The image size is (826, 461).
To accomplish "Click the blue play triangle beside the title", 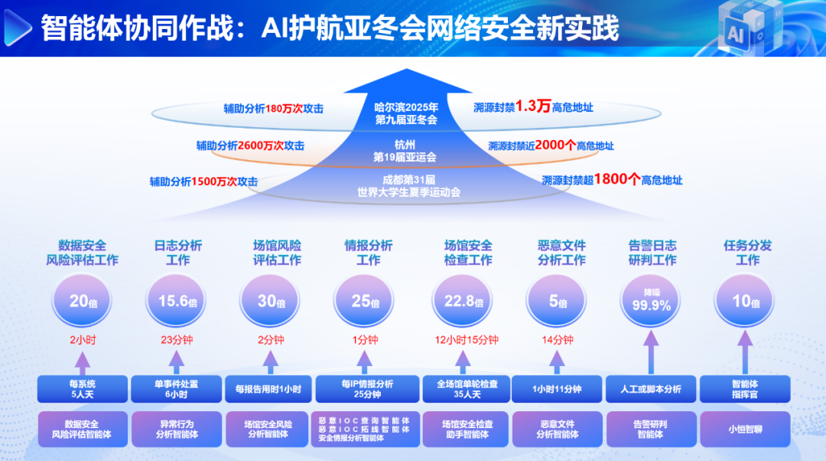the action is (16, 28).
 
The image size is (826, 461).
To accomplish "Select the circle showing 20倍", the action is (82, 301).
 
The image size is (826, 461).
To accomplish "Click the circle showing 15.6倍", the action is (176, 301).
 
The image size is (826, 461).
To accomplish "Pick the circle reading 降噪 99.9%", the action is (651, 301).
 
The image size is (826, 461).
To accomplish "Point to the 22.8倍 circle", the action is (463, 301).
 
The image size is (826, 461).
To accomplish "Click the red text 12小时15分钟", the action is (467, 340).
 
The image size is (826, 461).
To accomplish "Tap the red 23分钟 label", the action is (177, 340).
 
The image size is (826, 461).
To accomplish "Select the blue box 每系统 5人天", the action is (82, 389).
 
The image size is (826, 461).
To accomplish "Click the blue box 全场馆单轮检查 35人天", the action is (467, 389).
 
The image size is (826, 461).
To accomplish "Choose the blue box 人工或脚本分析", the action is (651, 389).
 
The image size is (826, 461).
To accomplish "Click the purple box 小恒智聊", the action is (745, 430).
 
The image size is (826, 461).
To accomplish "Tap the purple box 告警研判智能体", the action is (651, 430).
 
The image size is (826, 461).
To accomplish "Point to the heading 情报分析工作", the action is (368, 253).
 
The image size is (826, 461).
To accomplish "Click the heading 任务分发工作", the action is (747, 253).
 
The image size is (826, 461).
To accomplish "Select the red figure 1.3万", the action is (532, 106).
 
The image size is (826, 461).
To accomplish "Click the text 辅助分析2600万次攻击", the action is (250, 145).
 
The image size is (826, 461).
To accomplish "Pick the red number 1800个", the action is (617, 179).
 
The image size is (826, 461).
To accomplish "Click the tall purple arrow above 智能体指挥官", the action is (745, 352).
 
